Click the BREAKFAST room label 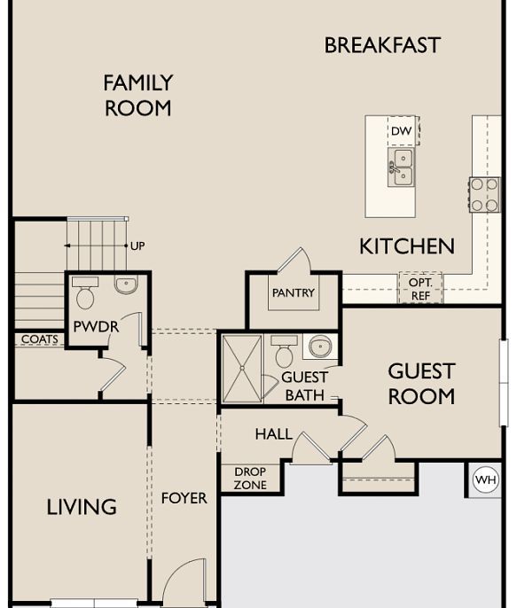click(x=382, y=45)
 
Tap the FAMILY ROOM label click(x=138, y=96)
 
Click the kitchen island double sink click(x=402, y=168)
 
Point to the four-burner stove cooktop click(x=484, y=195)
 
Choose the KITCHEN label click(x=407, y=246)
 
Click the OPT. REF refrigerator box click(x=421, y=288)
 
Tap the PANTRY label click(x=294, y=292)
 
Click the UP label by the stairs click(x=137, y=246)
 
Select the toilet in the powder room click(x=85, y=292)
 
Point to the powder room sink click(x=126, y=285)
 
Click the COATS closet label click(x=40, y=339)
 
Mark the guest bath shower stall click(x=242, y=369)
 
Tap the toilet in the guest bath click(x=285, y=352)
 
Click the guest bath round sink click(x=320, y=347)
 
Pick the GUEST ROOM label click(x=421, y=384)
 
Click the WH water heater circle click(x=486, y=479)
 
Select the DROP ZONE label click(x=250, y=478)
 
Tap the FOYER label click(x=184, y=498)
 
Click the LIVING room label click(x=82, y=507)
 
